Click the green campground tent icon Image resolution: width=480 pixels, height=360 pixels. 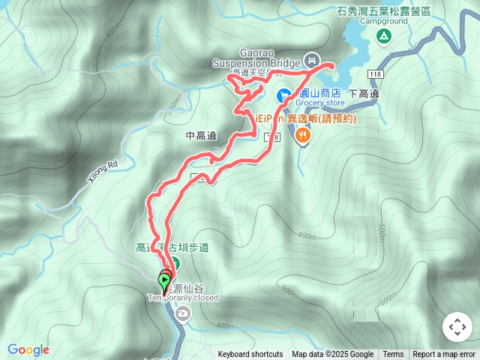pyautogui.click(x=383, y=36)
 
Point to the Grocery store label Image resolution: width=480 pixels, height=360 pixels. pyautogui.click(x=320, y=103)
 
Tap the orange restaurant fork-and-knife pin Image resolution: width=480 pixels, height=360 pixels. pyautogui.click(x=303, y=136)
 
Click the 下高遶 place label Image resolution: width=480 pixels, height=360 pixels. pyautogui.click(x=364, y=94)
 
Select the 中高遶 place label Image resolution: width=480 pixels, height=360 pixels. pyautogui.click(x=199, y=136)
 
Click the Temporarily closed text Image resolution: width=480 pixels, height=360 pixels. pyautogui.click(x=183, y=298)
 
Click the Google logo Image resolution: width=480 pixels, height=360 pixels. pyautogui.click(x=28, y=349)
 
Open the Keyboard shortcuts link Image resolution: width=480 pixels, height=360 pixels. pyautogui.click(x=250, y=355)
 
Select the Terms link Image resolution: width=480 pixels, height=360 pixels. pyautogui.click(x=393, y=355)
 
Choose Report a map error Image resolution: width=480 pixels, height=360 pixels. pyautogui.click(x=445, y=355)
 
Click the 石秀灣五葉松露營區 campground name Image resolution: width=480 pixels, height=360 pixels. pyautogui.click(x=383, y=12)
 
